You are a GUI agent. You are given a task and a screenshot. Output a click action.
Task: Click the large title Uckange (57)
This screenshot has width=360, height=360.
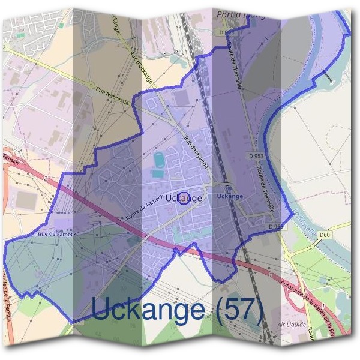click(177, 309)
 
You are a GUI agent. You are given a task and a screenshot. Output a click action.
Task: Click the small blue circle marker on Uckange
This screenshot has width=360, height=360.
click(184, 198)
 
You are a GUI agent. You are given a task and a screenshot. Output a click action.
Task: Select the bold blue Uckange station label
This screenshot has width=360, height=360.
click(230, 196)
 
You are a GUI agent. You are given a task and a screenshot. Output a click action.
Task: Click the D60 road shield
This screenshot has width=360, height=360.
click(325, 234)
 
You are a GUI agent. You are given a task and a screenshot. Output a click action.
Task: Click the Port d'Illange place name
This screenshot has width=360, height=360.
click(240, 13)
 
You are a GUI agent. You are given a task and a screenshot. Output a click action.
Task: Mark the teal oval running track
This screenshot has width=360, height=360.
click(158, 161)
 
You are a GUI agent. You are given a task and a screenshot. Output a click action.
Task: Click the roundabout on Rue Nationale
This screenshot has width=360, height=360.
click(91, 85)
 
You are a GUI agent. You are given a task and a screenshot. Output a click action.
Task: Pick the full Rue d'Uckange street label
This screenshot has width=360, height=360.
click(141, 66)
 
